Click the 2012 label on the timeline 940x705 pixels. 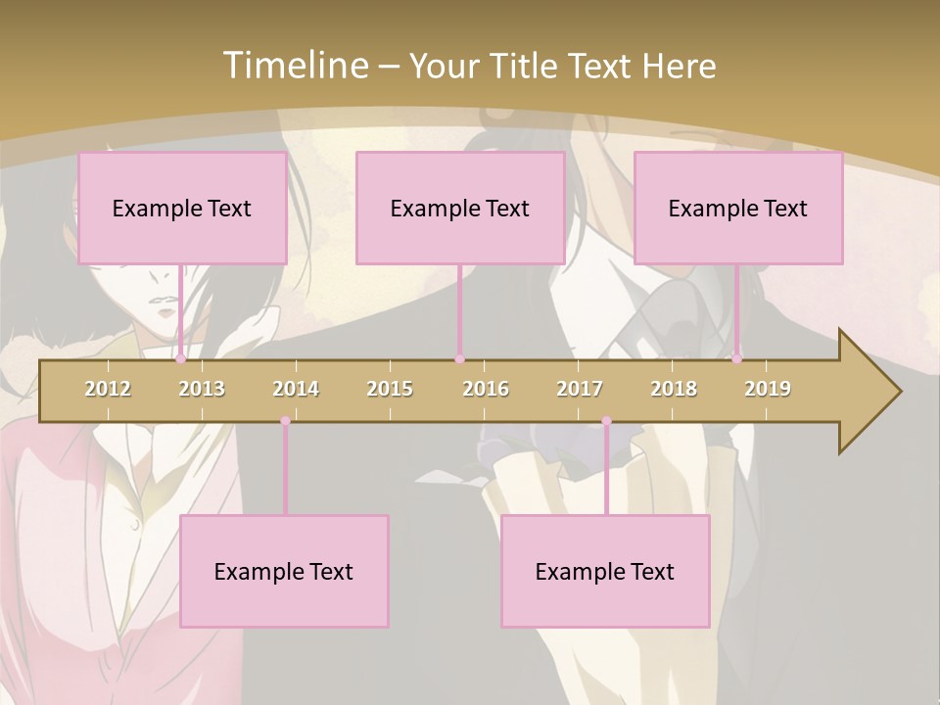[x=108, y=389]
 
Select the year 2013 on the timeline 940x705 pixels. [x=202, y=389]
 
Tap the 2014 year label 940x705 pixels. [x=296, y=389]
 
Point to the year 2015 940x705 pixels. [x=390, y=389]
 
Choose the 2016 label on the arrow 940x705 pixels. [x=486, y=389]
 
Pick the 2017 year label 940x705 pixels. [x=580, y=389]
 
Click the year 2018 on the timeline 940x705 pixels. [x=674, y=389]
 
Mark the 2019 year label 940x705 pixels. [x=768, y=389]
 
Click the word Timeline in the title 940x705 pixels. [x=293, y=66]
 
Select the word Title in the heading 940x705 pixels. [x=527, y=67]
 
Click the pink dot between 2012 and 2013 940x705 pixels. [x=180, y=359]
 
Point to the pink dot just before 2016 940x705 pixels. [x=459, y=359]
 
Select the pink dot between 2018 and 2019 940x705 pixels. [x=736, y=359]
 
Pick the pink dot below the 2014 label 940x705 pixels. [x=285, y=421]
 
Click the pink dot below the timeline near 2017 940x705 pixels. [x=606, y=421]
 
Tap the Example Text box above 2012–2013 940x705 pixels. [x=182, y=208]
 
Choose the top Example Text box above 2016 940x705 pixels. [x=460, y=208]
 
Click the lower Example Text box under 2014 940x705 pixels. [x=284, y=571]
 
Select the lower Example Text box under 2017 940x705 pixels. [x=605, y=571]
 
